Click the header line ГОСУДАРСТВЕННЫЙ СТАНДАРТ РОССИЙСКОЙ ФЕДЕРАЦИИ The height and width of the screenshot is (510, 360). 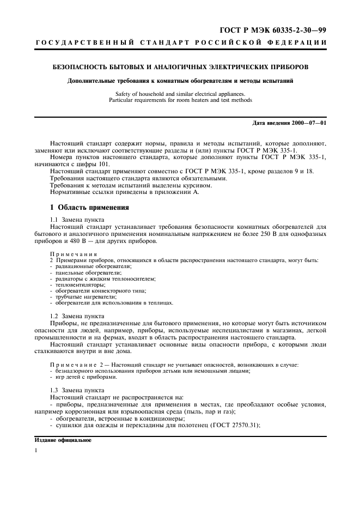(x=180, y=42)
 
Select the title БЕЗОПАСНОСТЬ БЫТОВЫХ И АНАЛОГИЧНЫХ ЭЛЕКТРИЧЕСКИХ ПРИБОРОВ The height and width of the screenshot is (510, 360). (x=180, y=68)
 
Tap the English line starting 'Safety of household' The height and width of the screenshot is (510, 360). (x=180, y=94)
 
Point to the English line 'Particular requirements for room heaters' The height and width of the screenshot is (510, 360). (x=180, y=100)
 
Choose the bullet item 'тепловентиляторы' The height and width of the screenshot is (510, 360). (x=80, y=284)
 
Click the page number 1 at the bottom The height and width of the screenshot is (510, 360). (x=36, y=451)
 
